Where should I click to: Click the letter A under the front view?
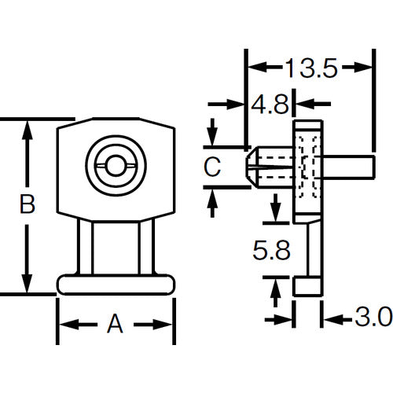(x=115, y=323)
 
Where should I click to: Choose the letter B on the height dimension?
(x=27, y=205)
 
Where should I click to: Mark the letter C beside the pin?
(x=211, y=166)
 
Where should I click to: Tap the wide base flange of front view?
(x=116, y=284)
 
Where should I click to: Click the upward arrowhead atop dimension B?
(x=28, y=130)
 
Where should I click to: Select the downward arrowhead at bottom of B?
(x=28, y=285)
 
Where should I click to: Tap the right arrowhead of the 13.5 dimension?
(x=362, y=69)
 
